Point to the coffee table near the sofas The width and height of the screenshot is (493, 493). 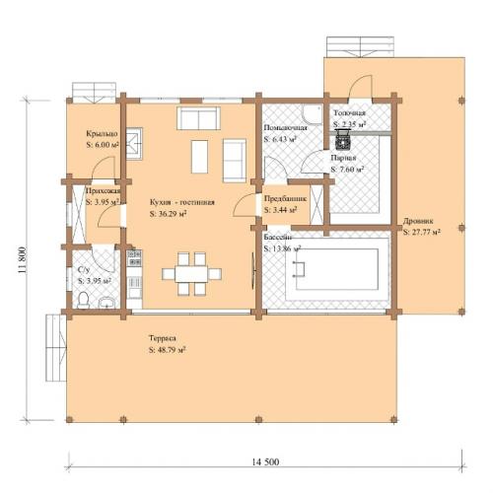(198, 156)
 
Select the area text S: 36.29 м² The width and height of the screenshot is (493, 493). (169, 212)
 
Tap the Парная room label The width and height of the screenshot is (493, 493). (343, 157)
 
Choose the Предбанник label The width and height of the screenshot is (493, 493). (284, 198)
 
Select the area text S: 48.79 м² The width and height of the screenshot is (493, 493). (167, 349)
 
